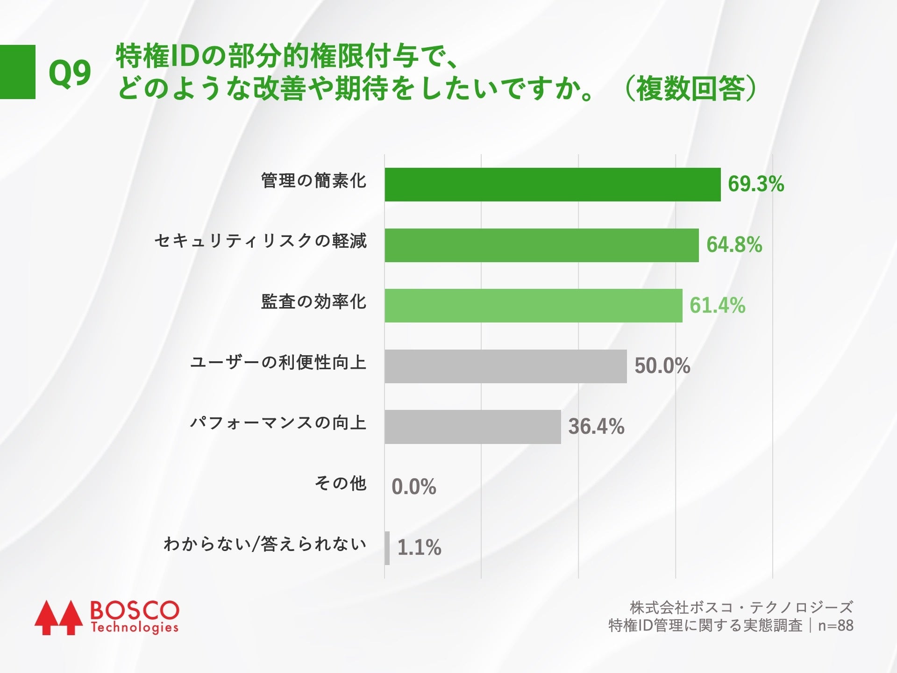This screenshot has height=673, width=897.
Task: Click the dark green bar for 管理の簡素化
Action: (552, 185)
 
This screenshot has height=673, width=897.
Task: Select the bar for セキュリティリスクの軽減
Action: (541, 245)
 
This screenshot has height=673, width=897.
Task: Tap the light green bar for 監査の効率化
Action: (533, 306)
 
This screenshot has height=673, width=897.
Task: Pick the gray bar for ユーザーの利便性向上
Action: (505, 366)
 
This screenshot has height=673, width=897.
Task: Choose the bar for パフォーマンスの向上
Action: (472, 427)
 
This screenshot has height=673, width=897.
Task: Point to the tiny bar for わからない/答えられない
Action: (387, 548)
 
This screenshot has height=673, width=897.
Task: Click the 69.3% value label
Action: (755, 184)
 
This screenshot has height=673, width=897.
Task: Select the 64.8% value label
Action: (734, 245)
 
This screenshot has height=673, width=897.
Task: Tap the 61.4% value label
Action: (717, 306)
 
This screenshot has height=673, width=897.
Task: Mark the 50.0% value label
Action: (662, 366)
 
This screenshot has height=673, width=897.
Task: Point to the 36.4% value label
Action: (596, 427)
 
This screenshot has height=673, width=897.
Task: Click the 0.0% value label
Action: (413, 487)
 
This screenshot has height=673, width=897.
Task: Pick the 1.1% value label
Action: (419, 548)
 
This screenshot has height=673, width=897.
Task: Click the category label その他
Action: (340, 483)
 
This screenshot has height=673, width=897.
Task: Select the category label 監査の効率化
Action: (313, 302)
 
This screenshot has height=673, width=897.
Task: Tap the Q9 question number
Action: (70, 73)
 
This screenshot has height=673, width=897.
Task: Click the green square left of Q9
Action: (17, 72)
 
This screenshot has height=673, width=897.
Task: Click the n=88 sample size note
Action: (835, 625)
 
